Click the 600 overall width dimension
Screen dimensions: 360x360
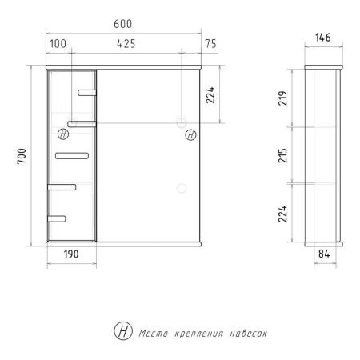(122, 24)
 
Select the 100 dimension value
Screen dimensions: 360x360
(58, 44)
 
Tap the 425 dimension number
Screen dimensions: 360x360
(126, 44)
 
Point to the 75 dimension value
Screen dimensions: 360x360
(210, 44)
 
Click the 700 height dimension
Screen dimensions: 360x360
(22, 156)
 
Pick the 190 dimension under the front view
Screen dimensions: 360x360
(71, 254)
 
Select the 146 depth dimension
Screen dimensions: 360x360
(323, 38)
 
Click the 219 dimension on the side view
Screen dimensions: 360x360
(282, 98)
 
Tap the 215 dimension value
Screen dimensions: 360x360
(282, 156)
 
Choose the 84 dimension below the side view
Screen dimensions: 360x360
(324, 254)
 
